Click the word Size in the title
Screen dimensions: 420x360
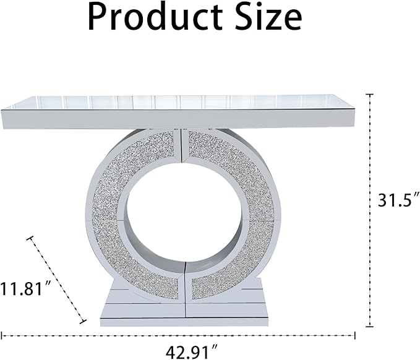pyautogui.click(x=268, y=16)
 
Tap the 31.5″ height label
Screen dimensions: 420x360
pyautogui.click(x=398, y=199)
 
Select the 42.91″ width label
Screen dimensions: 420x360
pyautogui.click(x=192, y=352)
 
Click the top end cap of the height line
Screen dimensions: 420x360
pyautogui.click(x=370, y=95)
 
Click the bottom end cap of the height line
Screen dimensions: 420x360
pyautogui.click(x=370, y=326)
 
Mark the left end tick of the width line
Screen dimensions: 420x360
pyautogui.click(x=2, y=335)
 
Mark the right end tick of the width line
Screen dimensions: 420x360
pyautogui.click(x=355, y=335)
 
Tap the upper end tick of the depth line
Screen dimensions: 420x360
pyautogui.click(x=30, y=238)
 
